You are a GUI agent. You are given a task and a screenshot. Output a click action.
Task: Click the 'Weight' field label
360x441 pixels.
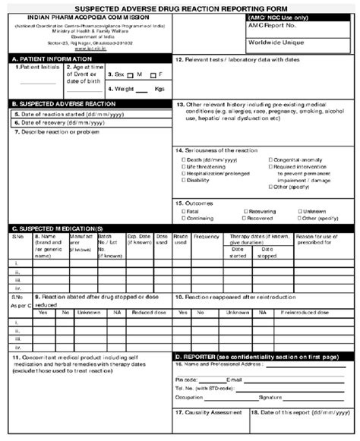tap(126, 89)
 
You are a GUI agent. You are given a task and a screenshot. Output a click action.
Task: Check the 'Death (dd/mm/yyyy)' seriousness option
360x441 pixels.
tap(184, 160)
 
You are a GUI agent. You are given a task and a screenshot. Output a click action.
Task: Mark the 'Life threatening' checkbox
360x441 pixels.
tap(184, 167)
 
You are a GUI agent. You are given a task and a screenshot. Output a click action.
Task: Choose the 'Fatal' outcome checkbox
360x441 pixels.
tap(184, 212)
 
